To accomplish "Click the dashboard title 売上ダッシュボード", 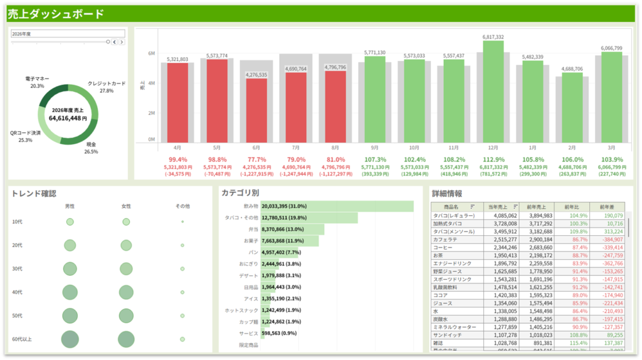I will (x=56, y=14).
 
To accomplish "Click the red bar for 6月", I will (x=256, y=110).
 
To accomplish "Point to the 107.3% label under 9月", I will (x=374, y=160).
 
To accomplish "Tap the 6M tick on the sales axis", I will (x=152, y=54).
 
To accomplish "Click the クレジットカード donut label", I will (x=107, y=83).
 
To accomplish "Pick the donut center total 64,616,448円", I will (x=68, y=118).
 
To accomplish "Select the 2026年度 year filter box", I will (x=68, y=33).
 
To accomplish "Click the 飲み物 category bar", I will (x=337, y=206).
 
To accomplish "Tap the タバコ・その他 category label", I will (x=241, y=218).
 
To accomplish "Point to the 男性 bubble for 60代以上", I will (x=70, y=339).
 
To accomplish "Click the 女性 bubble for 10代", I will (x=126, y=222).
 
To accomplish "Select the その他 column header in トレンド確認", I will (x=182, y=206).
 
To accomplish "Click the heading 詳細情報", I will (x=448, y=193).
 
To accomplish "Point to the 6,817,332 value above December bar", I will (x=493, y=37).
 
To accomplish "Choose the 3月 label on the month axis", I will (x=611, y=148).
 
